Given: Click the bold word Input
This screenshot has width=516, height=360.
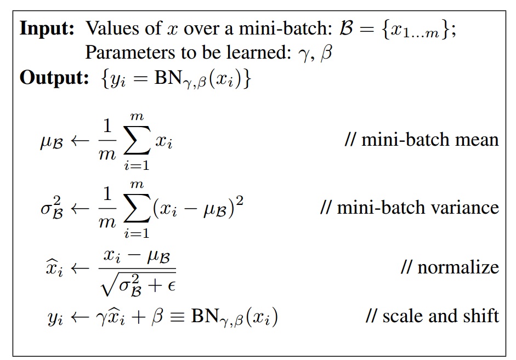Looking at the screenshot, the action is [47, 28].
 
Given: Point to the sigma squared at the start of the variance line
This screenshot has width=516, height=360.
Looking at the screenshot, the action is [50, 208].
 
